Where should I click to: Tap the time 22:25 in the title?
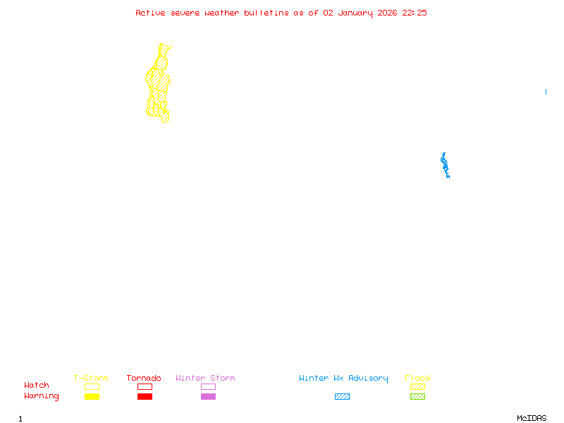point(415,13)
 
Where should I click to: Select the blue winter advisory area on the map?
point(445,165)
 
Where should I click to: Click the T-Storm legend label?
point(91,379)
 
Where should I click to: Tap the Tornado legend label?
point(144,379)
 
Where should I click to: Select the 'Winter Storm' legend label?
point(205,379)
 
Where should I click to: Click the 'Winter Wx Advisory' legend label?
point(343,379)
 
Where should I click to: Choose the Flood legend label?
point(417,379)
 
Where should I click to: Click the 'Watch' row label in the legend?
point(37,386)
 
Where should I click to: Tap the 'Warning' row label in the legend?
point(42,396)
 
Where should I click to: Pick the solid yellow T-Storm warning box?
point(92,397)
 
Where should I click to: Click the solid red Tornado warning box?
point(145,397)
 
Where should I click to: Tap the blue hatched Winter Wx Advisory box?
point(342,397)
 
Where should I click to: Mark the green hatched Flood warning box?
point(417,397)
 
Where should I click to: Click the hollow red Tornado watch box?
point(145,386)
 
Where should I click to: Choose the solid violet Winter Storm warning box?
point(208,397)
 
